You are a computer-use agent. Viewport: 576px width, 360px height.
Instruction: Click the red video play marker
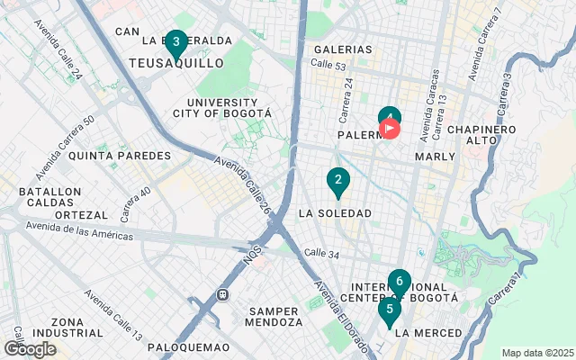pos(390,129)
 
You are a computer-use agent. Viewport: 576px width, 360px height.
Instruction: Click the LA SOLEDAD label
pos(334,213)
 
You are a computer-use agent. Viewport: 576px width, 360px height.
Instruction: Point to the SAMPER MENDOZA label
pos(275,316)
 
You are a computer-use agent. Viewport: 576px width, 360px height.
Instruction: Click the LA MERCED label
pos(428,333)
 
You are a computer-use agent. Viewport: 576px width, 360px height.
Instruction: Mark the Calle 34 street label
pos(321,254)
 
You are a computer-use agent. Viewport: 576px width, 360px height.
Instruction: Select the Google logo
pos(30,349)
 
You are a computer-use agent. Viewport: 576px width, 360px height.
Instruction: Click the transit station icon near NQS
pos(222,294)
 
